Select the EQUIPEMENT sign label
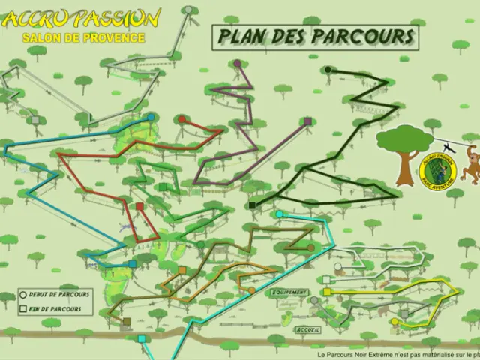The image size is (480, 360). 289,292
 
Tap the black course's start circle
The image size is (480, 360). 328,70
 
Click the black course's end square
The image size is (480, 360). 252,205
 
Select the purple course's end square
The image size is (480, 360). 307,121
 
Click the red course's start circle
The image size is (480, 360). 181,119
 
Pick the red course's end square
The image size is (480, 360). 139,206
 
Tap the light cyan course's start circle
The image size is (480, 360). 279,214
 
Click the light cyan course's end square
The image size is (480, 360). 142,338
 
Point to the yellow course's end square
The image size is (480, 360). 326,291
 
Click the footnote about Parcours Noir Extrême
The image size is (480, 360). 397,355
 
